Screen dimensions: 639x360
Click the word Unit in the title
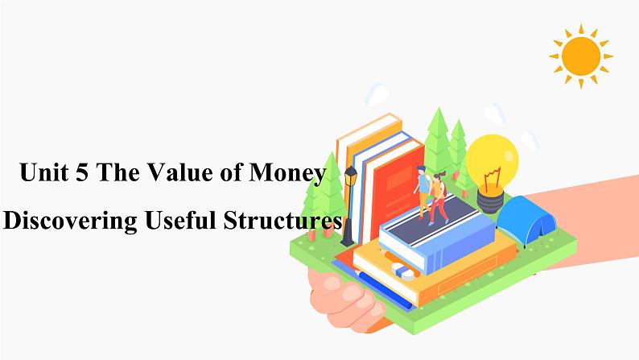click(x=44, y=172)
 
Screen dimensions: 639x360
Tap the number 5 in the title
click(x=81, y=172)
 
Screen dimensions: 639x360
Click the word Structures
click(x=282, y=220)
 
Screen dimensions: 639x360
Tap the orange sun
click(x=581, y=56)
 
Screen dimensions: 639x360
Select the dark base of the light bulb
click(x=490, y=201)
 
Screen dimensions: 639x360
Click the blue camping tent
click(x=526, y=218)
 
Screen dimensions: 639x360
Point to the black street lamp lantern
click(x=350, y=176)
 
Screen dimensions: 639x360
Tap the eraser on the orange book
click(x=402, y=271)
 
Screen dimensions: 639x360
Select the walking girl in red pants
click(x=438, y=198)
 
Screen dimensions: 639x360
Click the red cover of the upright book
click(x=398, y=191)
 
